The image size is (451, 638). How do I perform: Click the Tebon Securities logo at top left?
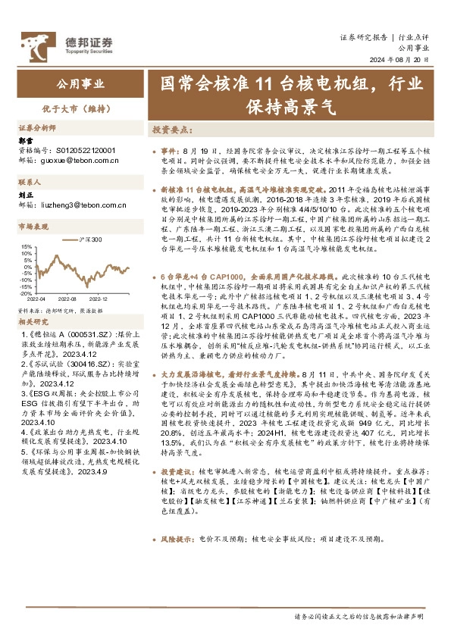pyautogui.click(x=67, y=43)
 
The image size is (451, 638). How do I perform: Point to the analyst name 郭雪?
pyautogui.click(x=25, y=141)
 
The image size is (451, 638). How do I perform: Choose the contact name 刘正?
pyautogui.click(x=25, y=195)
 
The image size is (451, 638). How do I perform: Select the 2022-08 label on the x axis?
pyautogui.click(x=70, y=299)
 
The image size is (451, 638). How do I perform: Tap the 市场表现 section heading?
pyautogui.click(x=33, y=227)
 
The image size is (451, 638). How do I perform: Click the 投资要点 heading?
pyautogui.click(x=171, y=130)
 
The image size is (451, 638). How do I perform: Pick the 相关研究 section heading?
pyautogui.click(x=33, y=321)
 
